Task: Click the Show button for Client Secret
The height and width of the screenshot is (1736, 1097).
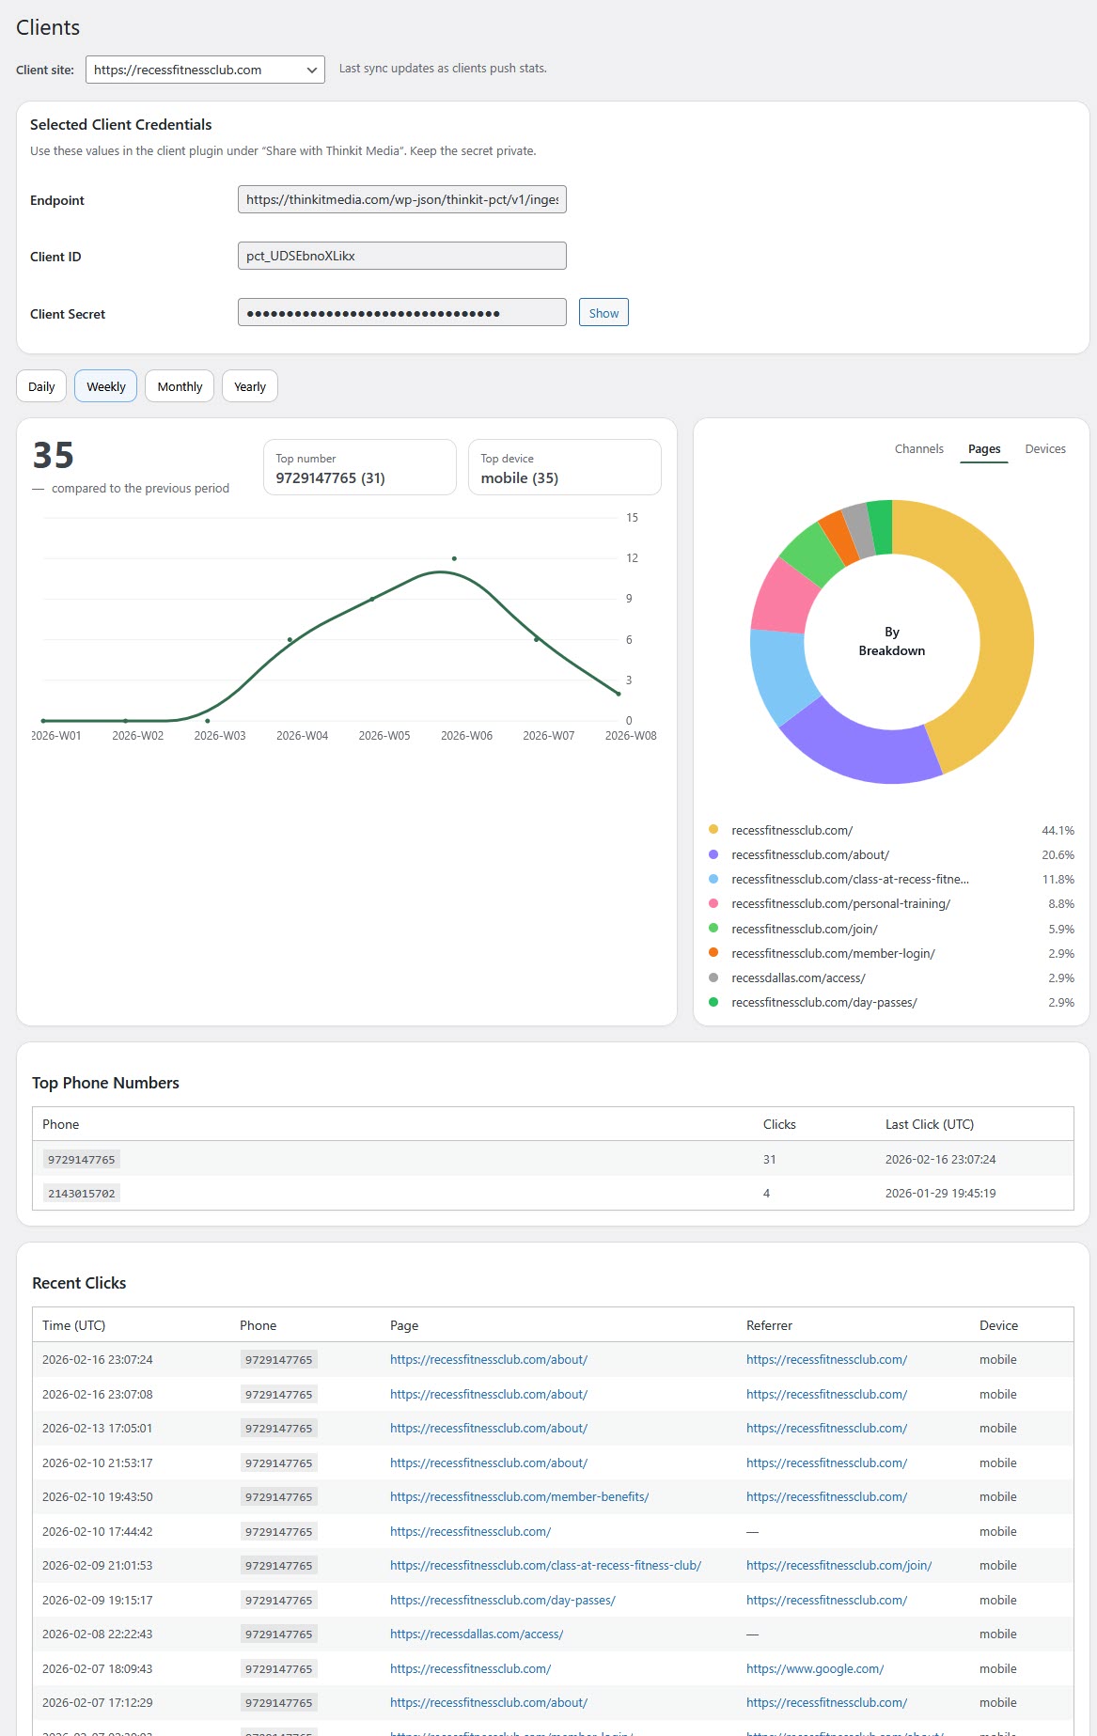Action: (x=603, y=313)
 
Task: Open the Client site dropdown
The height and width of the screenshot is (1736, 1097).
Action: (x=205, y=70)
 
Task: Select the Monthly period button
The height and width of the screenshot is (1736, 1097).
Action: (x=180, y=386)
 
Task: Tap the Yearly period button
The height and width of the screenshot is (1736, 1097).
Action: (x=249, y=386)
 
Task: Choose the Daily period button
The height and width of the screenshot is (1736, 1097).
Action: (x=41, y=386)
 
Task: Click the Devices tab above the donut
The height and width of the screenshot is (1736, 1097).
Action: (x=1044, y=449)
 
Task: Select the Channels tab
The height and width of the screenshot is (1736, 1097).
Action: (x=918, y=449)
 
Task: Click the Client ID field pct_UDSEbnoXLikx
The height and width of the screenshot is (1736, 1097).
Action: (x=401, y=256)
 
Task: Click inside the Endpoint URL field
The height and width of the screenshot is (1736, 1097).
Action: (x=401, y=199)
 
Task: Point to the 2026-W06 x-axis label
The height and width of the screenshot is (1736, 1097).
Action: (x=466, y=736)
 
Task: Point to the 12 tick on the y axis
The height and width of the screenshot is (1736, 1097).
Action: (x=632, y=558)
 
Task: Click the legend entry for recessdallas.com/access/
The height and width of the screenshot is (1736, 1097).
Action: (x=798, y=978)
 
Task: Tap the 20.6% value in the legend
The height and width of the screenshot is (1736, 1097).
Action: (x=1058, y=855)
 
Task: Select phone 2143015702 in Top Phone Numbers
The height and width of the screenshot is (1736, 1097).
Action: (x=82, y=1194)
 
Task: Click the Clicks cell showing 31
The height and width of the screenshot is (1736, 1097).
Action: (x=769, y=1160)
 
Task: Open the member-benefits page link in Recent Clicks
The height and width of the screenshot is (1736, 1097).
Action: (x=519, y=1497)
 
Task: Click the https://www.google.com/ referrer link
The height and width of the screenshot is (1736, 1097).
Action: (x=814, y=1669)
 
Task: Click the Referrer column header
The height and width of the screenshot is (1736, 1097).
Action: (x=769, y=1325)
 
